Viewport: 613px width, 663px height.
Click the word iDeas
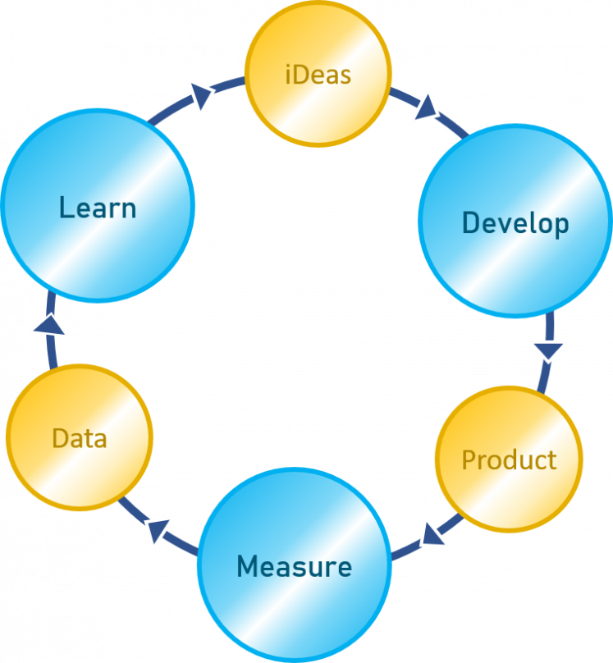[318, 75]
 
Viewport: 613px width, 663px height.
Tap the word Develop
[515, 223]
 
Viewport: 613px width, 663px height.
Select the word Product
[509, 460]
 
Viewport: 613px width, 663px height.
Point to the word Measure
[295, 566]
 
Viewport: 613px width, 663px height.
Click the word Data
[80, 438]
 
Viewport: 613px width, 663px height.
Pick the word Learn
[98, 208]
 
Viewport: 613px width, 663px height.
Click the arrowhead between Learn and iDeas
[201, 96]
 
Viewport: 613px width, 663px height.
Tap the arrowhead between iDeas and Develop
[426, 107]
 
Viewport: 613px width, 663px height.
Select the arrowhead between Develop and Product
[548, 351]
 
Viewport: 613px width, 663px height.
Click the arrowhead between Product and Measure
[432, 535]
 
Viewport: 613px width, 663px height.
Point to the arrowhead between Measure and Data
[158, 530]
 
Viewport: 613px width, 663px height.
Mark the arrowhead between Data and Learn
[49, 325]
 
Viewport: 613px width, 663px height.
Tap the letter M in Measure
[247, 566]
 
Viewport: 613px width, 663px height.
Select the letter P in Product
[469, 460]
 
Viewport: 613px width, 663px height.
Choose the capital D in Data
[60, 438]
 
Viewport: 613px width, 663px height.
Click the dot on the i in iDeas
[288, 66]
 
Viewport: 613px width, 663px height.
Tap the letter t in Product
[551, 460]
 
